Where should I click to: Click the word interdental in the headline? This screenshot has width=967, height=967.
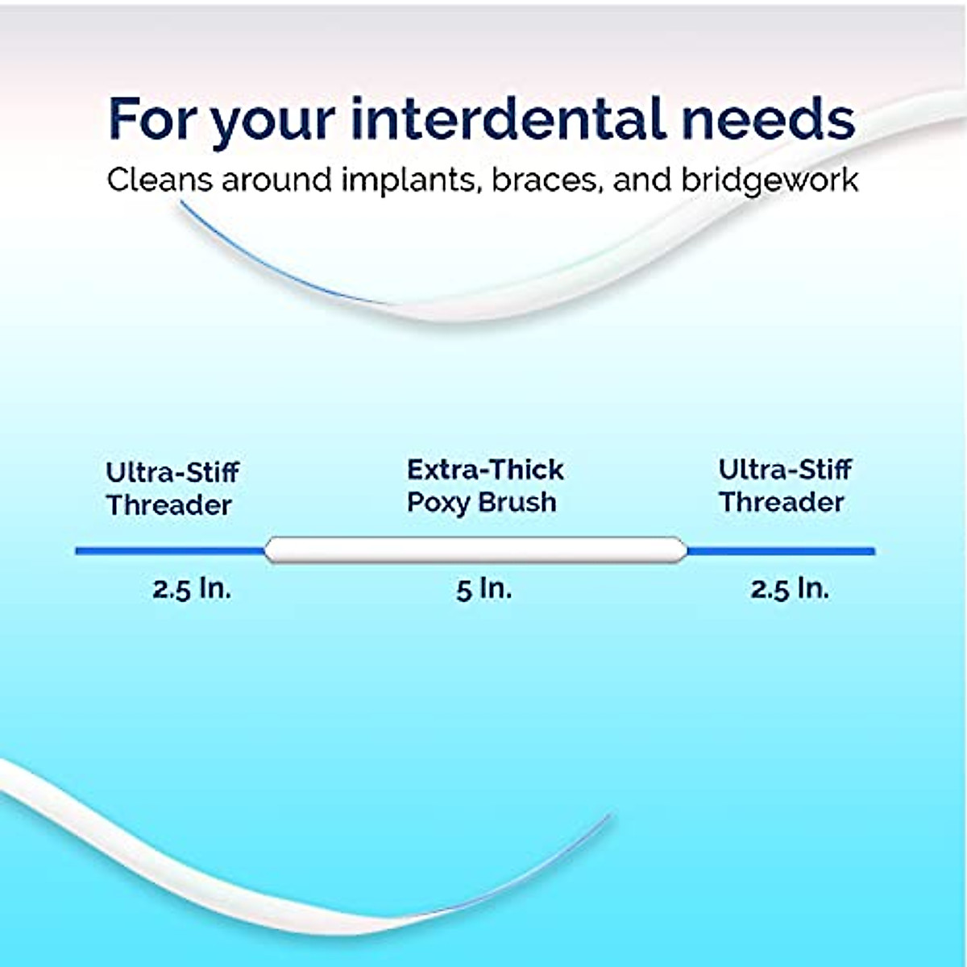(508, 118)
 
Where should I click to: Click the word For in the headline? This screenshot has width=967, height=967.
(152, 118)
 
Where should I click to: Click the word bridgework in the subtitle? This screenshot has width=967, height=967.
(770, 180)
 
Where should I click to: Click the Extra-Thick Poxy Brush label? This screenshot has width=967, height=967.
(484, 486)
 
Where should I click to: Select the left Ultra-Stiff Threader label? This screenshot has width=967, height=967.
(172, 488)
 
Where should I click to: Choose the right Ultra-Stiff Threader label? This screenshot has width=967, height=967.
(784, 486)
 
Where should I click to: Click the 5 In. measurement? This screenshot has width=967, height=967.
(483, 589)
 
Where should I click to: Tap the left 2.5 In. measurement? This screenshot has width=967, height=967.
(192, 589)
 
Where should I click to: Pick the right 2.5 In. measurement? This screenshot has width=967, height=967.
(790, 589)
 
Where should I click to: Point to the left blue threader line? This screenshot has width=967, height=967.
(169, 551)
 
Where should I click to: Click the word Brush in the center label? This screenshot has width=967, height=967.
(517, 502)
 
